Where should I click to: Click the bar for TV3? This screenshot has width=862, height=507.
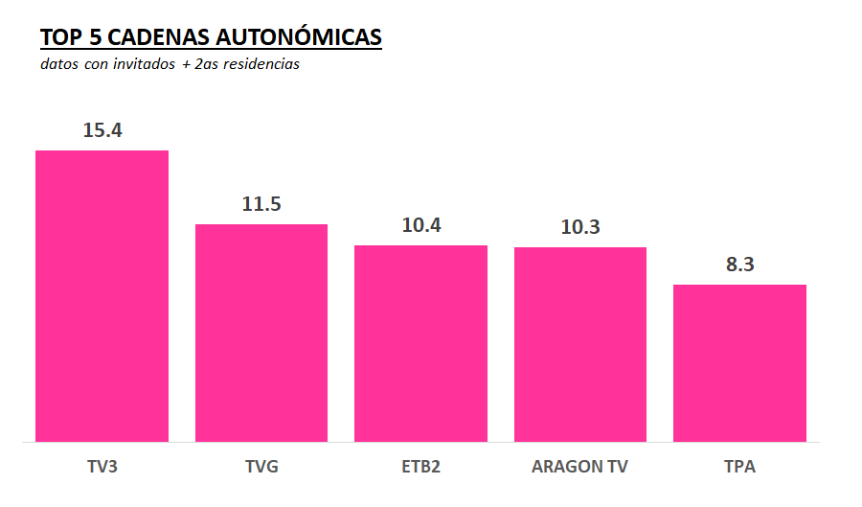tap(102, 296)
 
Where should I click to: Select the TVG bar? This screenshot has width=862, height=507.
tap(261, 333)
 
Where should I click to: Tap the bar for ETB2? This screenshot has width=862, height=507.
tap(420, 343)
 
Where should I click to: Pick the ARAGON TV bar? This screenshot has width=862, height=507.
tap(580, 344)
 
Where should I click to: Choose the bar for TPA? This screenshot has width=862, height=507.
tap(739, 363)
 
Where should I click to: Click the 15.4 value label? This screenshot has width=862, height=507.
tap(102, 130)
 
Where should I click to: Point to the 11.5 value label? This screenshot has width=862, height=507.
tap(261, 204)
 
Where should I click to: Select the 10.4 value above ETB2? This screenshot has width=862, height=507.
tap(421, 225)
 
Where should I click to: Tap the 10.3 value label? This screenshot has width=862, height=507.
tap(580, 227)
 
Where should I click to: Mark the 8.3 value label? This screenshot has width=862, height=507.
tap(740, 265)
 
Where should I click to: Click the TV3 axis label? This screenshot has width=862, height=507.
tap(102, 468)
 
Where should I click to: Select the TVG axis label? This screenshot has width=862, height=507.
tap(261, 468)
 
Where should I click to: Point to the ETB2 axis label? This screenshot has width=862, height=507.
tap(420, 468)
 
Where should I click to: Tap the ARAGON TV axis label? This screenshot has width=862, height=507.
tap(580, 468)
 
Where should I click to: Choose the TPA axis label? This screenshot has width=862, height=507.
tap(739, 468)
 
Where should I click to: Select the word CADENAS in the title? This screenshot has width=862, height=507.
tap(161, 37)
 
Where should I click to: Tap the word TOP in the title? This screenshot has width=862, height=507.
tap(59, 37)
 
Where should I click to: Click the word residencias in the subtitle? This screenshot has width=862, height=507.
tap(259, 65)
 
